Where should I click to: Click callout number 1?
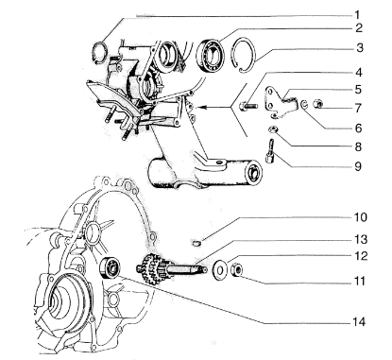tap(357, 15)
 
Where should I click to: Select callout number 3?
tap(360, 48)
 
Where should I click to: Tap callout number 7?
tap(358, 108)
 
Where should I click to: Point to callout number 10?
tap(360, 217)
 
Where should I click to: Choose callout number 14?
tap(359, 322)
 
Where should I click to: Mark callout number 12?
tap(360, 256)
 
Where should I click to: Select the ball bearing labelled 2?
tap(211, 55)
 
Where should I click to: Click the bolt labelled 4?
tap(247, 106)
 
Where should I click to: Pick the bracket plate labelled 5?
tap(281, 103)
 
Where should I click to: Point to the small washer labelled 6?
tap(304, 105)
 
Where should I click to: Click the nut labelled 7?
tap(317, 103)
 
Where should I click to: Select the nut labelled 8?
tap(272, 129)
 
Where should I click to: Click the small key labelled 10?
tap(196, 243)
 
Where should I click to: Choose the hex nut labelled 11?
tap(236, 270)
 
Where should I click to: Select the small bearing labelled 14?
tap(110, 267)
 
